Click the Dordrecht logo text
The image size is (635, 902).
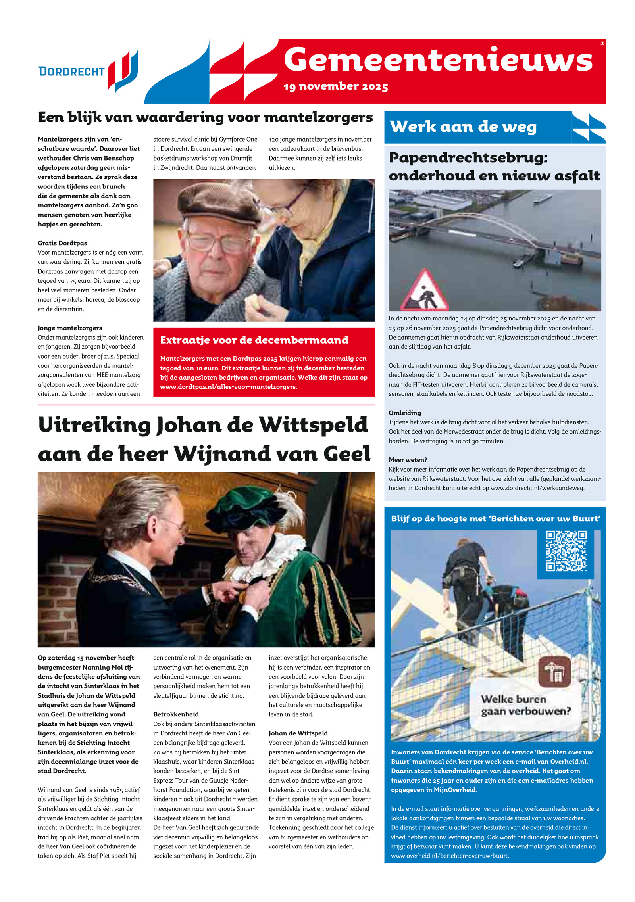pos(71,71)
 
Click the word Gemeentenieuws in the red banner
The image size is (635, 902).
pos(438,59)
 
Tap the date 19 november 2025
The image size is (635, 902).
pos(335,86)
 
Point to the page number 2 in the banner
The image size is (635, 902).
pos(602,43)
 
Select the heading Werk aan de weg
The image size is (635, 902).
pos(463,127)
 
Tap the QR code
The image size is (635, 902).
pos(566,551)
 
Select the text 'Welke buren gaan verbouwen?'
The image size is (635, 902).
pos(525,705)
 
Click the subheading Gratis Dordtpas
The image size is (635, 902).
pos(62,243)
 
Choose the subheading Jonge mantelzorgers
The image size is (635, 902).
pos(70,328)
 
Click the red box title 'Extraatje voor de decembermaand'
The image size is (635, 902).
pos(254,340)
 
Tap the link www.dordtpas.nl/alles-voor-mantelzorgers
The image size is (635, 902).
pos(228,387)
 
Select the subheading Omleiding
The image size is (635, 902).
pos(405,413)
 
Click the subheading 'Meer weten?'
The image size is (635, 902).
pos(408,460)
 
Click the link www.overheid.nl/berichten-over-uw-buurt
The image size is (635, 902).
pos(450,856)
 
